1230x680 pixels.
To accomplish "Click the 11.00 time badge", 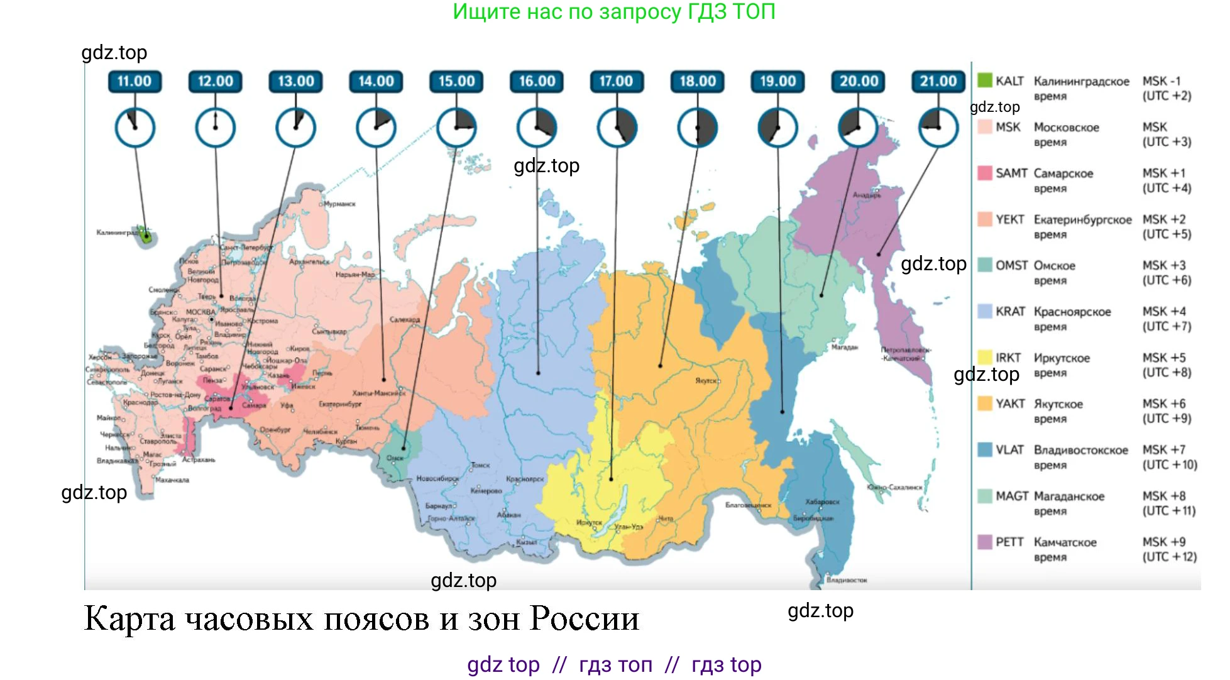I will [x=135, y=81].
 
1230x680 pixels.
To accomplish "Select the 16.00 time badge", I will [x=537, y=81].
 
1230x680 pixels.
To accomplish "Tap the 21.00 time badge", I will [x=938, y=81].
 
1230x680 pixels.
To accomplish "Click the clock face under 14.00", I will [x=376, y=128].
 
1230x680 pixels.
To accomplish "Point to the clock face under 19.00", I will [x=777, y=128].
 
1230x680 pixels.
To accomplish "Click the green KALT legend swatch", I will [x=984, y=80].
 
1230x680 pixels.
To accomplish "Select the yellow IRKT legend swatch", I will [x=984, y=358].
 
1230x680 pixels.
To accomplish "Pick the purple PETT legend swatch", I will [x=984, y=542].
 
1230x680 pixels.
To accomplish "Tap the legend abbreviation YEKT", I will [x=1009, y=219].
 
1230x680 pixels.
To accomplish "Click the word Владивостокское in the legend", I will [x=1080, y=450].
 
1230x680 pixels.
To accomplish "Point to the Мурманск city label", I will [x=340, y=204].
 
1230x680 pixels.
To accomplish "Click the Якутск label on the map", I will [x=708, y=381].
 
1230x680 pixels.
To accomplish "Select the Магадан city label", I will [x=844, y=348].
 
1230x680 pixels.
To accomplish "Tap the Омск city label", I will [x=395, y=458].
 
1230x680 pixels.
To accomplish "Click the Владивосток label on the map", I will [x=847, y=580].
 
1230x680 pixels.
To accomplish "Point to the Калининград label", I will [x=116, y=233].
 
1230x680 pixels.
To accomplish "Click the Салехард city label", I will [x=405, y=320].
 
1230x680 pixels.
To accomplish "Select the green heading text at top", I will [x=614, y=11].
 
